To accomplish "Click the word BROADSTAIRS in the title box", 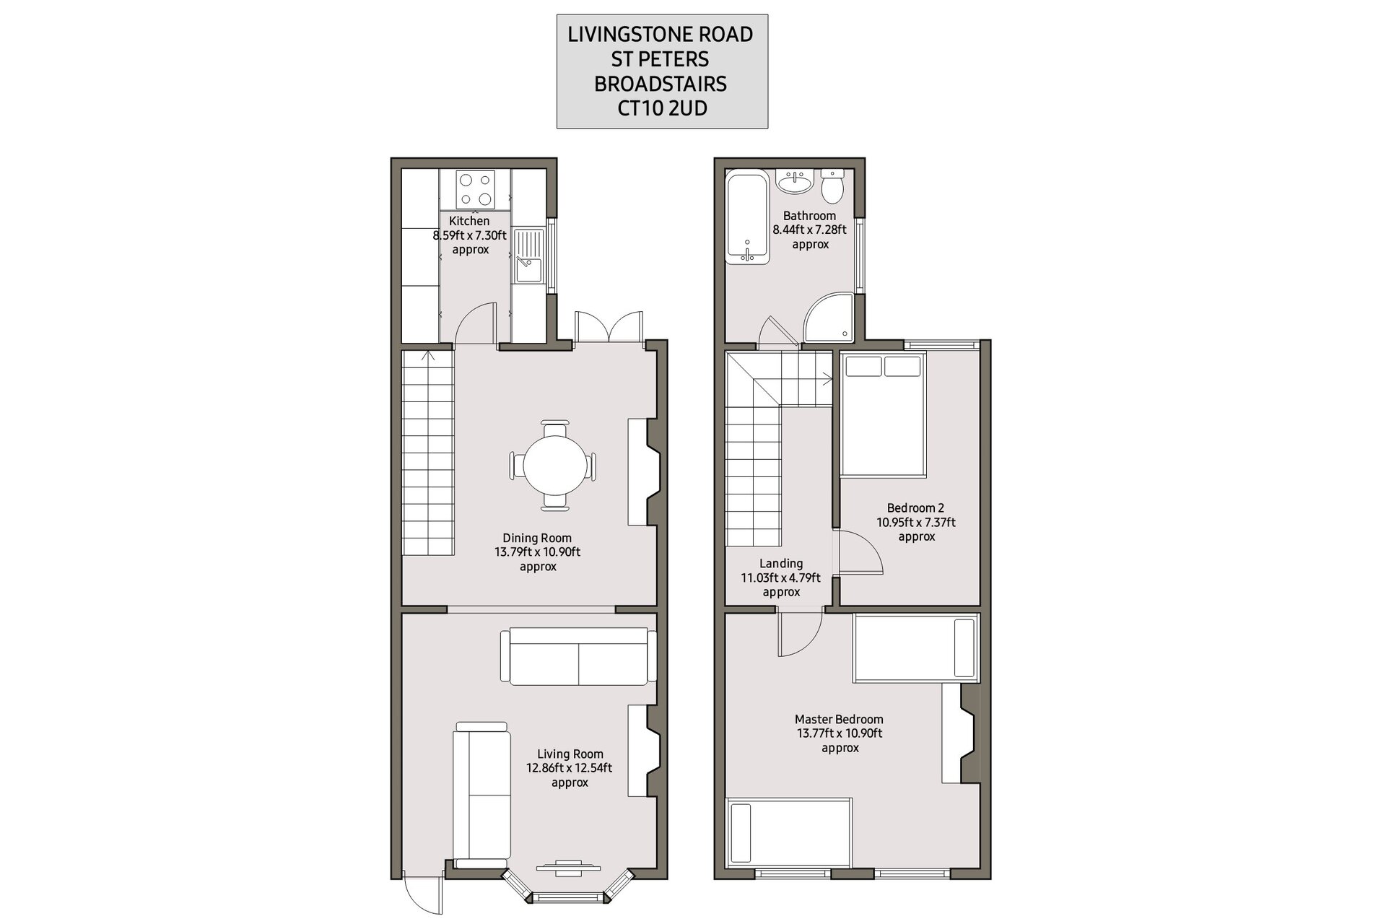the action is pos(661,84).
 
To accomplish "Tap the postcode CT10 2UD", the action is pos(661,108).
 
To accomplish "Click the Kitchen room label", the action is pos(469,221).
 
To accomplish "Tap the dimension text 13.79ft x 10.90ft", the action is pos(537,552).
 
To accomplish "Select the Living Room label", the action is pos(570,754).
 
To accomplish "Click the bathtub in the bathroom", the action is pos(748,217).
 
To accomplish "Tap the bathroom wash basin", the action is pos(796,181).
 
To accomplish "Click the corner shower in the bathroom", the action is pos(829,317).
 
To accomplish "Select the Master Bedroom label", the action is pos(839,719).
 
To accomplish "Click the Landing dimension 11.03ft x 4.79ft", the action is pos(781,577).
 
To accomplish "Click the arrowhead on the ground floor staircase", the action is pos(429,354).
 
